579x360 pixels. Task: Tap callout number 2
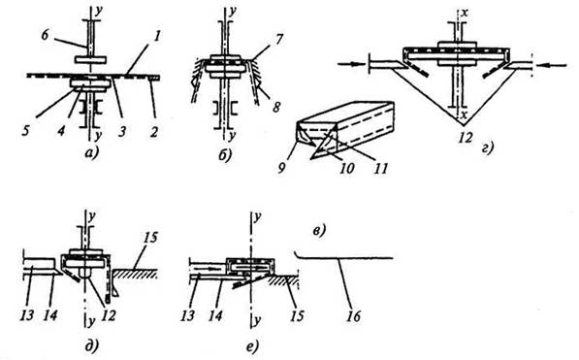point(154,131)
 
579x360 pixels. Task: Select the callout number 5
point(25,131)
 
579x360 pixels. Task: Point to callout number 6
point(46,37)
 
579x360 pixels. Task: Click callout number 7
point(279,39)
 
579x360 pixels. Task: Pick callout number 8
point(275,107)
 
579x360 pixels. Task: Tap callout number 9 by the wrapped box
point(282,168)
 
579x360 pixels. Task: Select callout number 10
point(347,168)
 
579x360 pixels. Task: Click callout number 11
point(380,168)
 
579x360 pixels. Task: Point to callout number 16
point(354,316)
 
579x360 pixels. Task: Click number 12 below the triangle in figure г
point(465,138)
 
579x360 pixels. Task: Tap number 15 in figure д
point(150,238)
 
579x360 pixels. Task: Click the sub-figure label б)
point(225,155)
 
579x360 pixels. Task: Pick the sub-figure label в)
point(319,231)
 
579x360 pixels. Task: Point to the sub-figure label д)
point(92,345)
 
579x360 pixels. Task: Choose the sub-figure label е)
point(252,346)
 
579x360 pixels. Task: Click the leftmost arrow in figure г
point(351,64)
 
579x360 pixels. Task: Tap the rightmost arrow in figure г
point(552,65)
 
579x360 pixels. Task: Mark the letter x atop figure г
point(466,14)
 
